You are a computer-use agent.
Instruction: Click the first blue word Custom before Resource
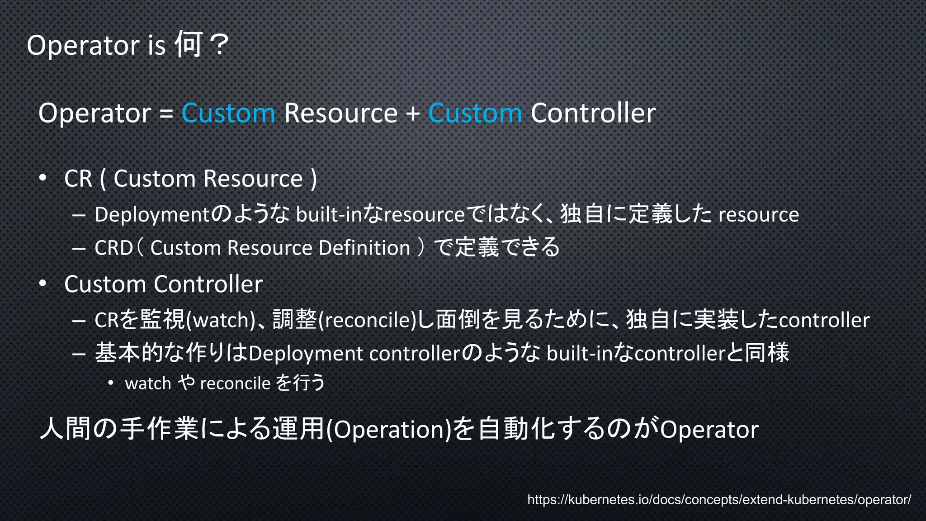[228, 113]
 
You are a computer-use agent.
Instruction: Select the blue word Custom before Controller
[475, 113]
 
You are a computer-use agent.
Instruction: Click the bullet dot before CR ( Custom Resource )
[43, 178]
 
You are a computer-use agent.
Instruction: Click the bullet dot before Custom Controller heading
[43, 284]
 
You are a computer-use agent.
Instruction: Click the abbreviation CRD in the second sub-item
[113, 248]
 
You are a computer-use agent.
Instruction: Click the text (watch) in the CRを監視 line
[221, 320]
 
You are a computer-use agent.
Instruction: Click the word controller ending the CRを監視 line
[824, 320]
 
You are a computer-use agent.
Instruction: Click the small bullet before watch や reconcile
[111, 383]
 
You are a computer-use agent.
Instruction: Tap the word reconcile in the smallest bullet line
[235, 384]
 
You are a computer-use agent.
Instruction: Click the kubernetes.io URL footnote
[719, 500]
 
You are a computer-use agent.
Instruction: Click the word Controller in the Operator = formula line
[593, 113]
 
